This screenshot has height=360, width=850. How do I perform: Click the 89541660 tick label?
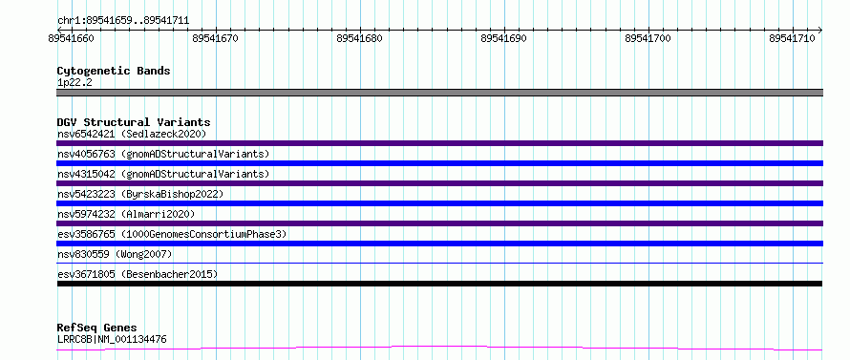(x=71, y=38)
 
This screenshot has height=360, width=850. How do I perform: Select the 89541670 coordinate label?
(x=215, y=38)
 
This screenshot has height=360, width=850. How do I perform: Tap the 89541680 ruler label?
(x=359, y=38)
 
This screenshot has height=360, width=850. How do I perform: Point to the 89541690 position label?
(x=503, y=38)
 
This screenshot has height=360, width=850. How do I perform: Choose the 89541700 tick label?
(x=648, y=38)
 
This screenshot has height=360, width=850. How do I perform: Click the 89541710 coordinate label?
(x=792, y=38)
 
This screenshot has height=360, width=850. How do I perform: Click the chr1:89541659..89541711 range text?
(x=123, y=21)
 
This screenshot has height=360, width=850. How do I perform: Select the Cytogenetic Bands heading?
(x=114, y=71)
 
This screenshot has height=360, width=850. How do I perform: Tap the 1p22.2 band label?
(x=74, y=82)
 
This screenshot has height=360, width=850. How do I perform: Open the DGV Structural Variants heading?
(x=134, y=122)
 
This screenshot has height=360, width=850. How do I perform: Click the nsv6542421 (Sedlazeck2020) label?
(x=132, y=134)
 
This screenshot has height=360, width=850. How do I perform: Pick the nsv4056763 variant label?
(x=86, y=154)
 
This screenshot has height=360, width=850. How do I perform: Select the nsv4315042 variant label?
(x=86, y=174)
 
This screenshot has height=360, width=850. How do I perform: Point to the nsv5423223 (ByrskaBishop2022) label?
(x=140, y=194)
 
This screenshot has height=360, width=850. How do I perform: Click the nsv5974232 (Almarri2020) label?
(x=126, y=214)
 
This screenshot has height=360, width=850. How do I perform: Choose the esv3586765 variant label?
(x=86, y=234)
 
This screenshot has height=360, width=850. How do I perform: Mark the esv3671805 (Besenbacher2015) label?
(x=138, y=274)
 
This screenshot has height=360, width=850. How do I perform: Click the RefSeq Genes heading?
(x=97, y=328)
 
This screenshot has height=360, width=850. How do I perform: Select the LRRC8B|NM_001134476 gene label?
(x=112, y=340)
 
